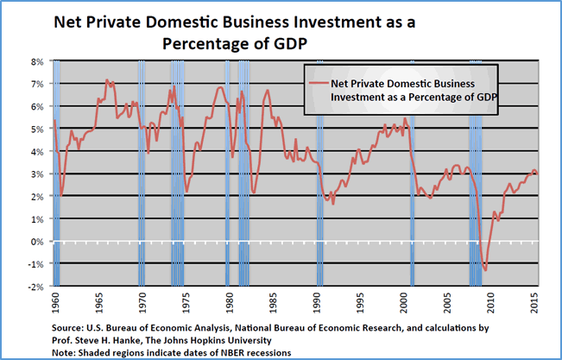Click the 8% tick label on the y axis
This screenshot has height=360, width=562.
[x=38, y=62]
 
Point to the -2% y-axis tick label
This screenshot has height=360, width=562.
[x=36, y=286]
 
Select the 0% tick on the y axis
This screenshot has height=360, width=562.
[x=38, y=241]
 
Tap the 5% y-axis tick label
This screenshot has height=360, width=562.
[x=38, y=129]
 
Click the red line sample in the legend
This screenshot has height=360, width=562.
[x=313, y=84]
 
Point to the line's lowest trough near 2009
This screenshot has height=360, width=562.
[x=486, y=270]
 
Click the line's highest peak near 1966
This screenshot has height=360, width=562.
[x=107, y=80]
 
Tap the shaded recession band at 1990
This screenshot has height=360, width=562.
[x=320, y=173]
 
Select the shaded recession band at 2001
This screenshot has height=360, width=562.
[x=412, y=173]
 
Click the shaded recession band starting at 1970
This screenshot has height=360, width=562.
[x=142, y=173]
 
